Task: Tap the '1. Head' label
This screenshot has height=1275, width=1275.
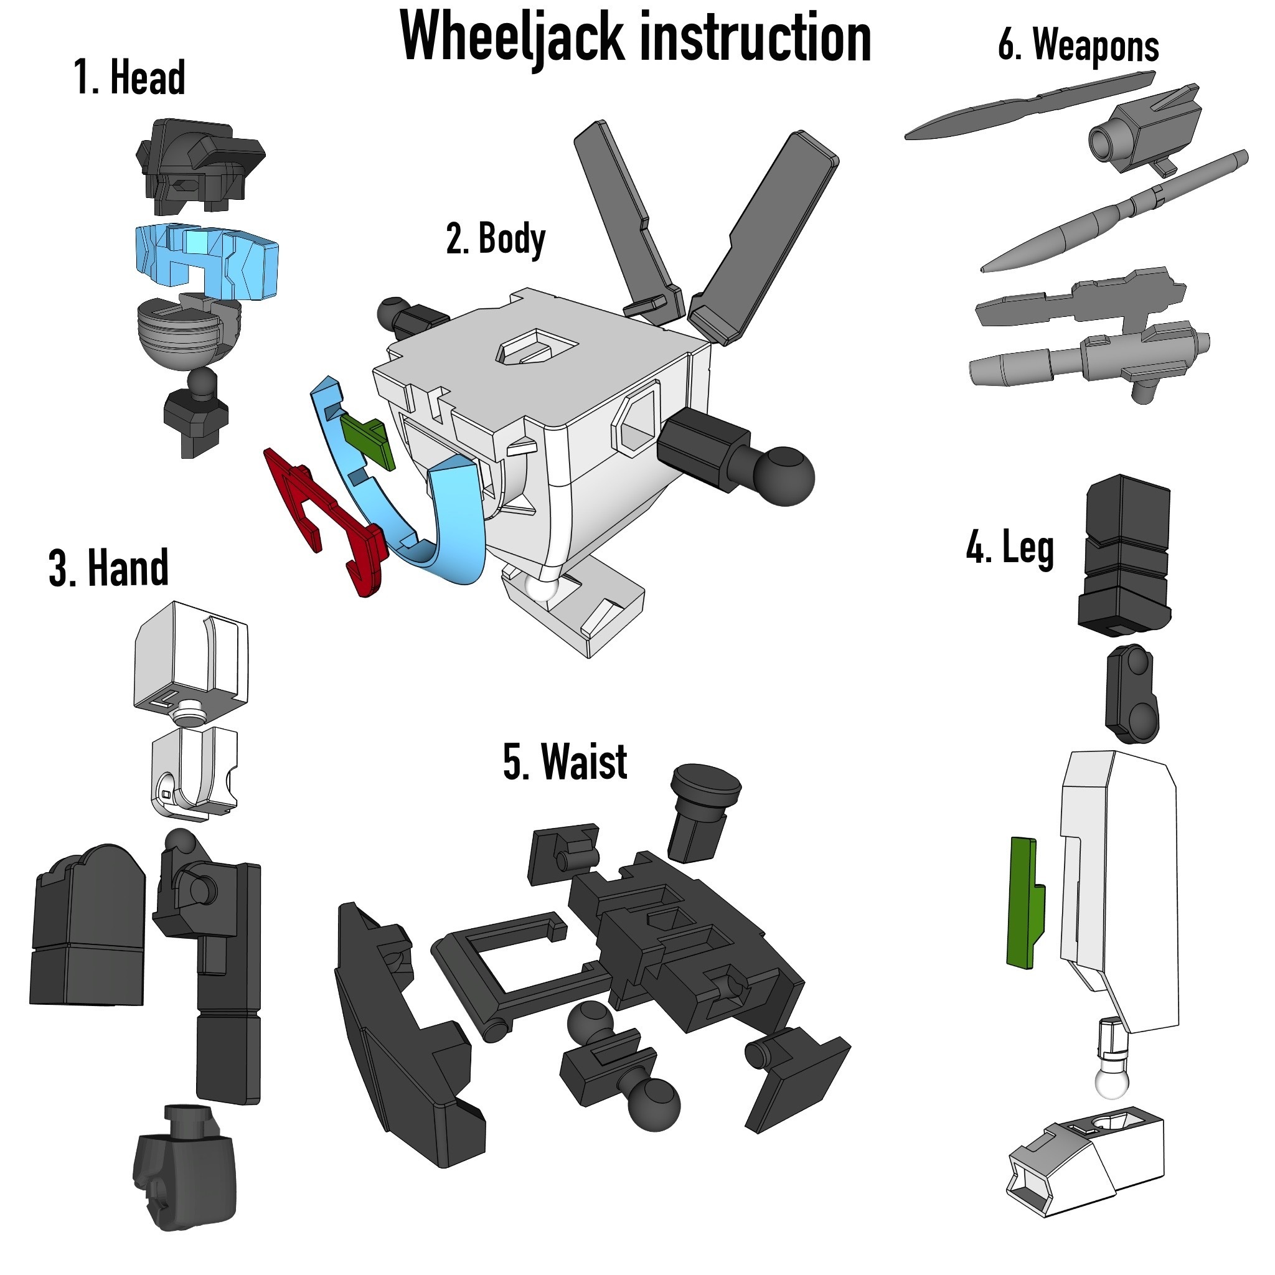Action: pyautogui.click(x=129, y=78)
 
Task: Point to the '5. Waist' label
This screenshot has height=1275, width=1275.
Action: pyautogui.click(x=564, y=762)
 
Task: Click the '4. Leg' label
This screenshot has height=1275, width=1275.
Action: pyautogui.click(x=1009, y=547)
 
